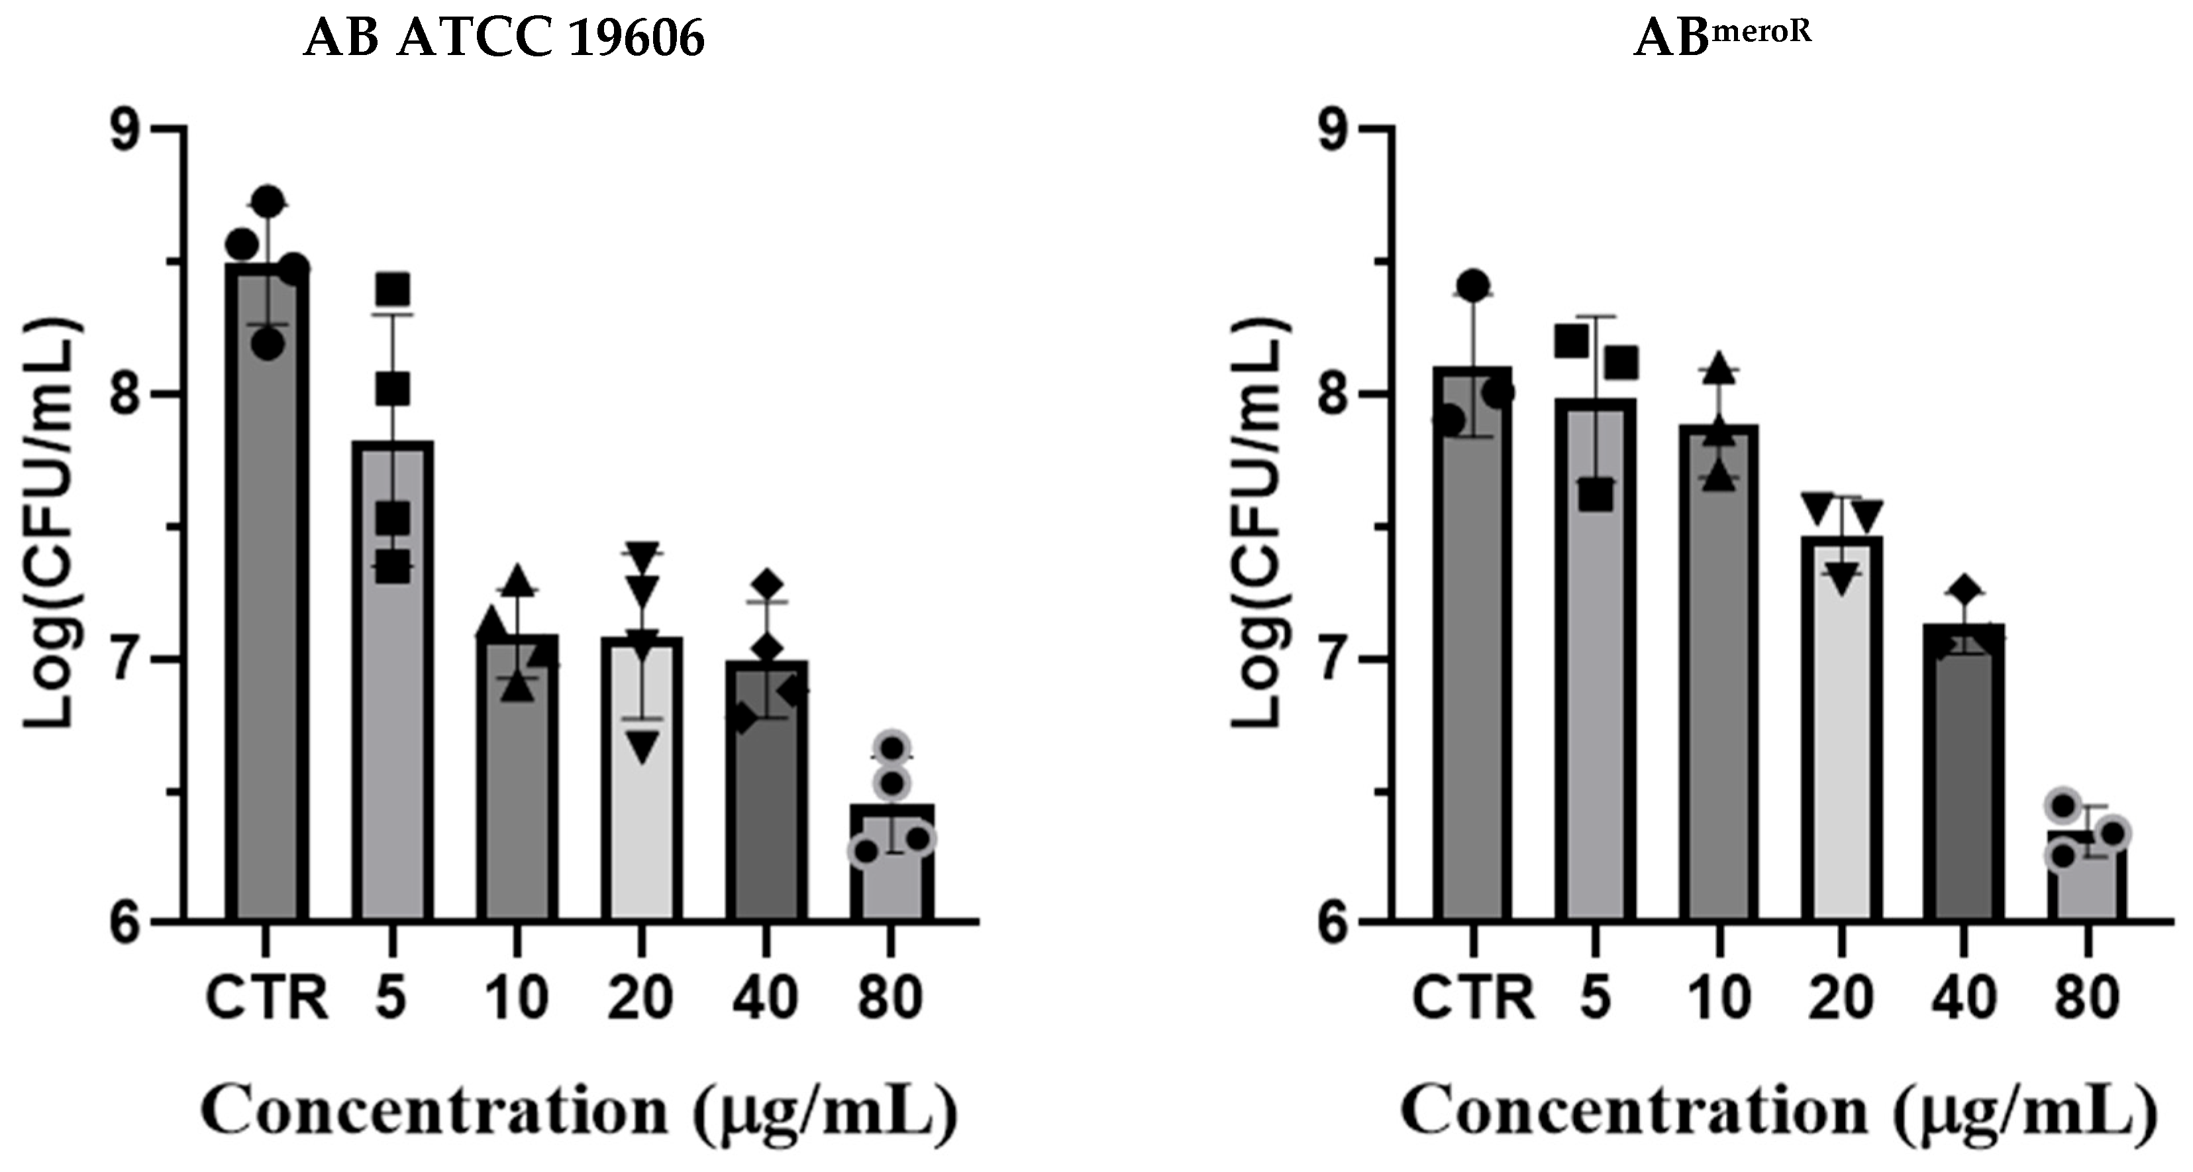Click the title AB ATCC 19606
click(x=504, y=38)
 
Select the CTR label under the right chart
click(x=1473, y=998)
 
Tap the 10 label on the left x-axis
click(x=516, y=998)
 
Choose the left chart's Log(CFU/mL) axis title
click(x=51, y=524)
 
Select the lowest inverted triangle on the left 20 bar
click(x=642, y=748)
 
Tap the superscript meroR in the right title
click(x=1760, y=30)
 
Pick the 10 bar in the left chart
click(x=517, y=784)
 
